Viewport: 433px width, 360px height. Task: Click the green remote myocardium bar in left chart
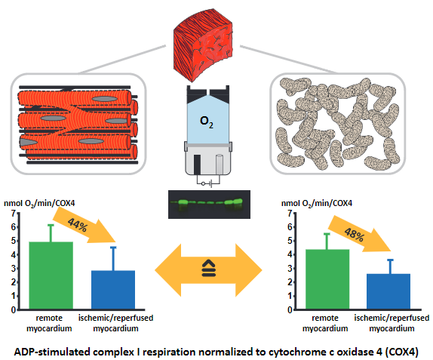51,275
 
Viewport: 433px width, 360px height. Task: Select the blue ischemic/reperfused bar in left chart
113,290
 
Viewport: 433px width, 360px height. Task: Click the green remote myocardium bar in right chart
327,279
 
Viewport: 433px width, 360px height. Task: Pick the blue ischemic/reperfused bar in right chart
388,291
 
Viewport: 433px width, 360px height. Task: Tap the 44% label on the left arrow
78,225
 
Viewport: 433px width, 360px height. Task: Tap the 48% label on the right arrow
354,235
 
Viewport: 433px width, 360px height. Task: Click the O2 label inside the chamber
207,122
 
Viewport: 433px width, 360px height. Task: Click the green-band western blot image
209,205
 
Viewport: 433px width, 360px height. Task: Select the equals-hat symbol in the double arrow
209,268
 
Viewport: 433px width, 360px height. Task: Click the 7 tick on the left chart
14,214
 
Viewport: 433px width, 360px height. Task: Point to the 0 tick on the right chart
290,310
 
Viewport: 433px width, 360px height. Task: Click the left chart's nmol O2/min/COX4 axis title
39,204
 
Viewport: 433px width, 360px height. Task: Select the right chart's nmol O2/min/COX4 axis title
317,204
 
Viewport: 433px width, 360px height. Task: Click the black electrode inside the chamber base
197,165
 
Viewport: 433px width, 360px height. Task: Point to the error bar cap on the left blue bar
113,248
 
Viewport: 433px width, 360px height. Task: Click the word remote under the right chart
325,318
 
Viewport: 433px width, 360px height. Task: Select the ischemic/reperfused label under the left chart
115,318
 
